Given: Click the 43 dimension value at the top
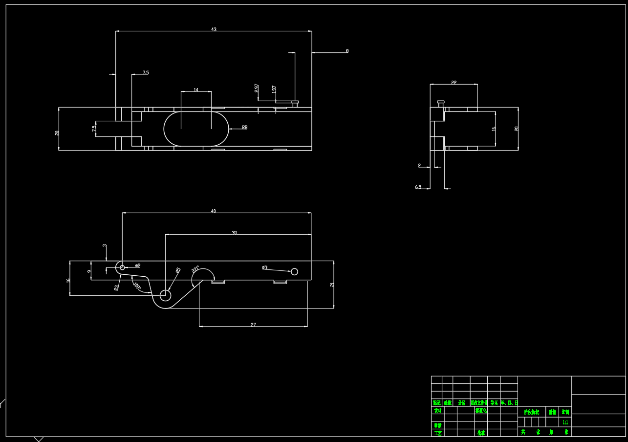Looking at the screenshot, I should click(214, 29).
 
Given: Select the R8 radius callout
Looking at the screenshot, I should click(244, 128).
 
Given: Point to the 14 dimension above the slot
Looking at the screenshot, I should click(196, 90).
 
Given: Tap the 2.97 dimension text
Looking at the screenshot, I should click(257, 88).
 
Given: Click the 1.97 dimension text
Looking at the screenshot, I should click(274, 90).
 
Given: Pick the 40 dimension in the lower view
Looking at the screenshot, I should click(214, 211).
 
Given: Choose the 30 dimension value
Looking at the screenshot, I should click(234, 233).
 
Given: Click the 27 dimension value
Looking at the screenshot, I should click(253, 325).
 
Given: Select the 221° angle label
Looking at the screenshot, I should click(195, 269).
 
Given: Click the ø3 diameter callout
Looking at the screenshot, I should click(264, 267).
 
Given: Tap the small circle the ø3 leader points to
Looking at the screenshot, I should click(294, 272).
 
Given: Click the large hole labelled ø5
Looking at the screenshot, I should click(165, 295).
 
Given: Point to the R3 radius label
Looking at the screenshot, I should click(116, 287).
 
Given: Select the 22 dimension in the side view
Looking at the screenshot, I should click(454, 83).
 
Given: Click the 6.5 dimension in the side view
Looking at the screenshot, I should click(418, 187).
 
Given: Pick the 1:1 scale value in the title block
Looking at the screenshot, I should click(565, 422).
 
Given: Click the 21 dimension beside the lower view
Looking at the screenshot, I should click(332, 285).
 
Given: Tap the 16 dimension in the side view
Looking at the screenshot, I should click(494, 129).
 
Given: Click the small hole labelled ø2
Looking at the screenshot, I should click(122, 267).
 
